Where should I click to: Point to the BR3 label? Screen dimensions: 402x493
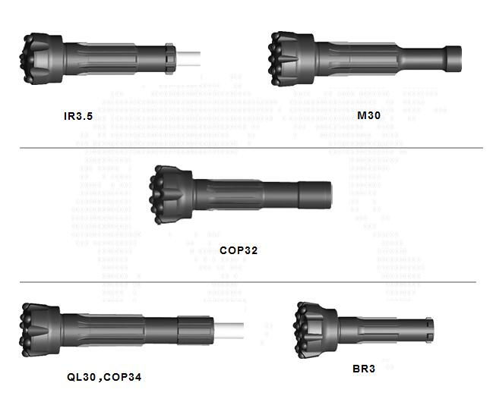click(364, 369)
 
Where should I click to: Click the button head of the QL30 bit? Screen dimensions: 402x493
click(36, 328)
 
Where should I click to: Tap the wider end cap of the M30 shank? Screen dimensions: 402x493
click(453, 55)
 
